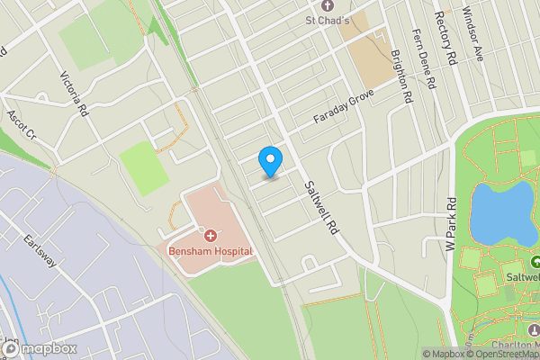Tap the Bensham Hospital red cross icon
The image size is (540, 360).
pos(210,236)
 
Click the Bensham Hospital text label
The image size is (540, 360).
pos(210,251)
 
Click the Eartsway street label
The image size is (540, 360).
pos(40,251)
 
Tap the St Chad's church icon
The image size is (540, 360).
pos(327,6)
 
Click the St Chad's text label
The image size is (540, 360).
pos(327,20)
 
